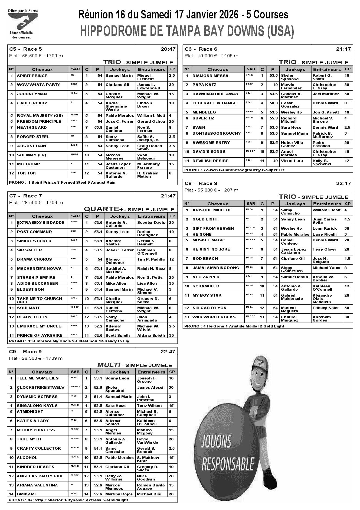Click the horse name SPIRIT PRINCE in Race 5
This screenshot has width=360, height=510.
point(32,76)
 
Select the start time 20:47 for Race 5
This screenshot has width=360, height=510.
point(168,49)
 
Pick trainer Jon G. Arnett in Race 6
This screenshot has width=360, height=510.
point(326,112)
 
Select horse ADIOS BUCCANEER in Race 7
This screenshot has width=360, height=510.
point(37,284)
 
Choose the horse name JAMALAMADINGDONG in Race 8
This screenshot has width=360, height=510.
point(216,268)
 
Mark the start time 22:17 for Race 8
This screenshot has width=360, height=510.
point(343,183)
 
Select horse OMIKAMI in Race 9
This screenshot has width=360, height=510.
point(26,494)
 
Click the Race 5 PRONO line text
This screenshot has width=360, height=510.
point(62,183)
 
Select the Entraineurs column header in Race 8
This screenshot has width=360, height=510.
point(327,204)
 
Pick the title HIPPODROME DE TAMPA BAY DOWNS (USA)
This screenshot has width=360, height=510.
point(187,31)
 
